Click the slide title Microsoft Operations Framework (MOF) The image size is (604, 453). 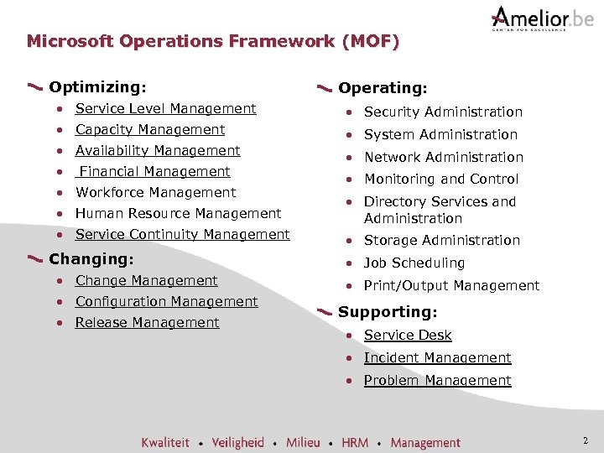point(213,40)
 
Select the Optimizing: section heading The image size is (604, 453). point(97,86)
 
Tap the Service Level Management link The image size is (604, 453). point(165,108)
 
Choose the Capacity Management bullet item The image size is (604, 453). point(150,129)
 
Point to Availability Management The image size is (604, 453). point(158,150)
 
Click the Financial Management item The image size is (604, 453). point(154,171)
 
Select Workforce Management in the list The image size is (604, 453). point(155,192)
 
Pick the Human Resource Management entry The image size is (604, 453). point(178,213)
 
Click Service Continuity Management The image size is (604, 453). point(182,234)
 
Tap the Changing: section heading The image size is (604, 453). point(91,258)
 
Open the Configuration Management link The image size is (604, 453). point(166,301)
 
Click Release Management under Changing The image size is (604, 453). point(147,322)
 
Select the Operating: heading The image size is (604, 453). point(383,87)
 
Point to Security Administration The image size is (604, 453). point(443,112)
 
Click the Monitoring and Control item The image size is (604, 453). point(441,179)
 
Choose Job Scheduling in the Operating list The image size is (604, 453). point(414,263)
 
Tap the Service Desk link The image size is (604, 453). point(408,335)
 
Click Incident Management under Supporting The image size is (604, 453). point(437,357)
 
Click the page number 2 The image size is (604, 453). point(585,440)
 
